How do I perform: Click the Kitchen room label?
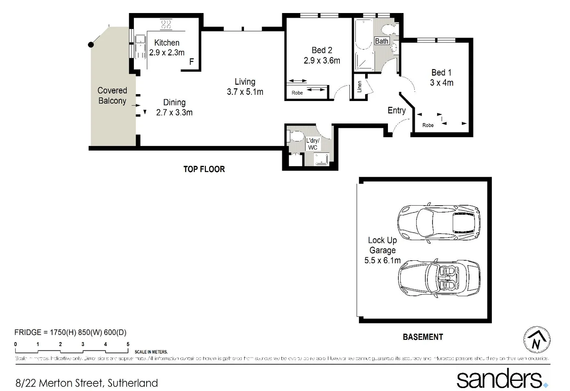166,43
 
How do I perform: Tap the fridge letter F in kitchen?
191,62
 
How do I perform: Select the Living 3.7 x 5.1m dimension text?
245,92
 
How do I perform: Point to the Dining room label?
174,102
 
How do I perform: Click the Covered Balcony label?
112,96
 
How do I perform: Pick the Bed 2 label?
322,50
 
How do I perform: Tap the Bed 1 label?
441,73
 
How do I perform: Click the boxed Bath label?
381,41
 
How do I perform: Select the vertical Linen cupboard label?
359,87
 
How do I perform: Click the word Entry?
396,110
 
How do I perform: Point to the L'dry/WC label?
313,144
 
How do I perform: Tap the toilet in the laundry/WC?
295,136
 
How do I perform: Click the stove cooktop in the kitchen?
166,24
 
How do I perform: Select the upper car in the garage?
439,222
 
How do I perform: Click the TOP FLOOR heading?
204,169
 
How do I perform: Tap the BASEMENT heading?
423,337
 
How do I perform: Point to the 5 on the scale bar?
128,344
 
